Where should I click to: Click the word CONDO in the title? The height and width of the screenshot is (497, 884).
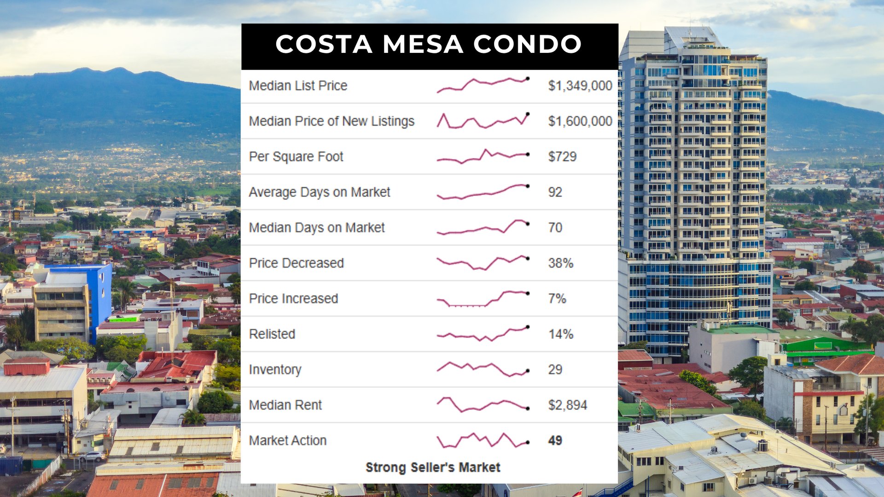527,44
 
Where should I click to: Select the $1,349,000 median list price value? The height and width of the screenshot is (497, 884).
580,86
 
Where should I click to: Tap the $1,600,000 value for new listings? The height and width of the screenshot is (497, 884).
580,121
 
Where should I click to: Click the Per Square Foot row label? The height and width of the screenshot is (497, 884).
296,156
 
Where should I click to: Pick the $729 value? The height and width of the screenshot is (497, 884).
562,156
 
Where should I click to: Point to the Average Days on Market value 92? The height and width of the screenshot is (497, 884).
555,192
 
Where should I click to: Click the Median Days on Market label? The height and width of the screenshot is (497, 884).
317,227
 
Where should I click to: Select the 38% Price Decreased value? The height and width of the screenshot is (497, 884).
560,263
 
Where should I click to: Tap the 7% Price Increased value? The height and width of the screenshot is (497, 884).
557,299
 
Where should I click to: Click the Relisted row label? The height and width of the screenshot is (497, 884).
272,334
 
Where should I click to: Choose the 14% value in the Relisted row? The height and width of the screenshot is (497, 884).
560,334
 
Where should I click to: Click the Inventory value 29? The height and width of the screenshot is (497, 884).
555,370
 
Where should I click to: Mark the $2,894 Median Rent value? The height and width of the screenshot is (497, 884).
567,405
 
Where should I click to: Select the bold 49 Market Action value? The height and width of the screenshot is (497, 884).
555,440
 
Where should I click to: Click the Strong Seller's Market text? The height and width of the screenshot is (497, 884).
433,467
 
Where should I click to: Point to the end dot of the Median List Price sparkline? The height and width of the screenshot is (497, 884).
528,79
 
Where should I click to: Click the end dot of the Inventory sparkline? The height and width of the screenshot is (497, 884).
528,370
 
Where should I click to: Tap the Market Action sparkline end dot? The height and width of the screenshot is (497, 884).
528,442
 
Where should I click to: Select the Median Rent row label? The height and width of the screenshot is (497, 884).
285,405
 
